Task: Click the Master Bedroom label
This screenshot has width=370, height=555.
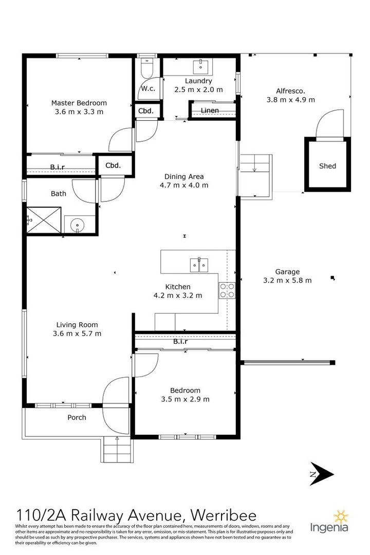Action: [79, 103]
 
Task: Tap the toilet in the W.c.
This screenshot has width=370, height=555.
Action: [146, 69]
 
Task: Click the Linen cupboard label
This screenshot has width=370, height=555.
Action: [210, 110]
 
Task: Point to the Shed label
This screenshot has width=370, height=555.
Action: [327, 165]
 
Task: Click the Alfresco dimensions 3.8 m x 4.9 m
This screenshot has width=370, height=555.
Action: [291, 100]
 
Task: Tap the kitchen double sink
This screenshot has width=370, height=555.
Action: [199, 265]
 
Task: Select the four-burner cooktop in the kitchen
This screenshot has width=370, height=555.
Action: [227, 290]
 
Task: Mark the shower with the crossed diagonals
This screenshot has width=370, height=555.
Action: [44, 220]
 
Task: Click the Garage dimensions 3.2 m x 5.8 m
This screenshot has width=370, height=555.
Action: [287, 281]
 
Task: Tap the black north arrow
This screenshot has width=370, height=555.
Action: [322, 474]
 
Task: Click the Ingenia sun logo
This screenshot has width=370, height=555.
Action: [341, 517]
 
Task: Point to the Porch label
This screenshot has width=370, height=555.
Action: [77, 417]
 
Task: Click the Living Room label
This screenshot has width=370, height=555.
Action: [77, 325]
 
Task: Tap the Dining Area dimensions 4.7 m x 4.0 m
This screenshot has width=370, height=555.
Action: [184, 185]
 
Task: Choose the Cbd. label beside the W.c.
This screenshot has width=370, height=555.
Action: [146, 111]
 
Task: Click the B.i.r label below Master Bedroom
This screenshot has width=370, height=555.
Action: [58, 166]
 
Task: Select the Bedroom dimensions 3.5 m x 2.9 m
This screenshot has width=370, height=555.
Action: [185, 399]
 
